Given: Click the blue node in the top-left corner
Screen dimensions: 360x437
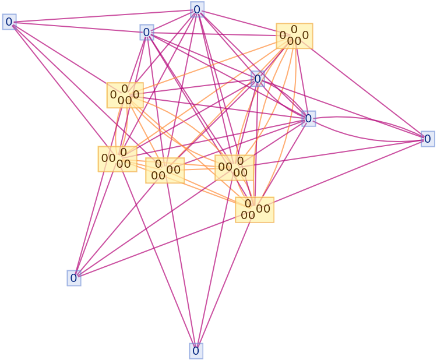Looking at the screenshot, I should click(x=9, y=22).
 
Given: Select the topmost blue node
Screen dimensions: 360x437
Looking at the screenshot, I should click(x=197, y=9).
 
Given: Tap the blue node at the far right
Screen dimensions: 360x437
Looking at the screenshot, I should click(x=428, y=139).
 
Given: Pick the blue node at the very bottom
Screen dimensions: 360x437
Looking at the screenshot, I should click(x=196, y=351).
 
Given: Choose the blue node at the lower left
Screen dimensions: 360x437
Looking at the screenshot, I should click(x=74, y=278).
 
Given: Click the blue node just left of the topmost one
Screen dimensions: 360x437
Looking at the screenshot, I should click(x=147, y=32).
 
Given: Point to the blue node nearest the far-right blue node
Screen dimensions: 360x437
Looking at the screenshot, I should click(x=309, y=118).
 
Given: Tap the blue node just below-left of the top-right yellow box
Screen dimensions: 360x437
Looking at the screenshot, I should click(x=258, y=79).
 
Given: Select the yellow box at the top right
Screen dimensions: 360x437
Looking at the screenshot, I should click(x=294, y=36).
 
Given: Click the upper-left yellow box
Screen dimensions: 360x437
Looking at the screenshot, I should click(x=125, y=95).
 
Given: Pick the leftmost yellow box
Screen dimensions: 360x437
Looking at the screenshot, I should click(x=117, y=158).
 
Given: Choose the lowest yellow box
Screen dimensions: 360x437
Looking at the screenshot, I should click(x=255, y=210).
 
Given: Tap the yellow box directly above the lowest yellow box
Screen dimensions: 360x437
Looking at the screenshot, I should click(x=234, y=168).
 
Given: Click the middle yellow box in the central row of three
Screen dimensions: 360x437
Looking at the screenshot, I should click(x=165, y=170).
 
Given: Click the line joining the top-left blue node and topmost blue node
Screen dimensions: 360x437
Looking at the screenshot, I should click(x=102, y=16).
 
